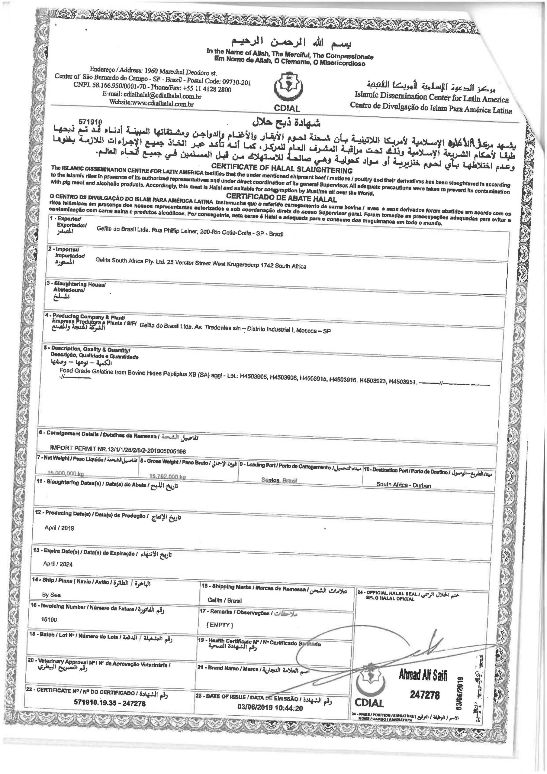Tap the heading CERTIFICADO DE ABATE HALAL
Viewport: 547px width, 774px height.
click(x=282, y=196)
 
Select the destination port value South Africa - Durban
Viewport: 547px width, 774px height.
click(x=404, y=486)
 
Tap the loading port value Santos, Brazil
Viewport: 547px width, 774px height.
click(x=278, y=480)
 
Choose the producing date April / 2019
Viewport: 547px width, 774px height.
click(x=59, y=528)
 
